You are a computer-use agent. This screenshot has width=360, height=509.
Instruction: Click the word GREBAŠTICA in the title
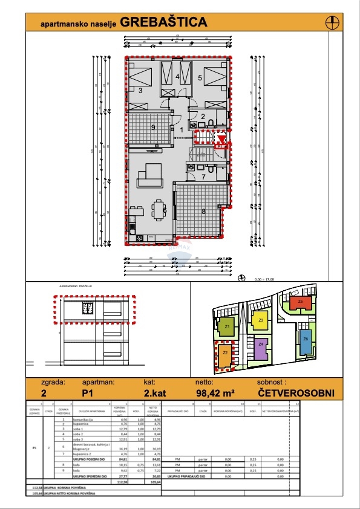[163, 22]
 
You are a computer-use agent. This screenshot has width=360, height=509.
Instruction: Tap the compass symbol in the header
[332, 22]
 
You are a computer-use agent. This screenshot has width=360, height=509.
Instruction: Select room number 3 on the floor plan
[140, 91]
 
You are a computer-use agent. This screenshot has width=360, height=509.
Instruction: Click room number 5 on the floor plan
[200, 78]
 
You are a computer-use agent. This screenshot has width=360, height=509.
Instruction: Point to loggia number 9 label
[154, 127]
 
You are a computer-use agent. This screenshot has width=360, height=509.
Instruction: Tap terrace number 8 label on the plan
[203, 211]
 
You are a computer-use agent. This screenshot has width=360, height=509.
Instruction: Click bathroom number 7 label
[204, 177]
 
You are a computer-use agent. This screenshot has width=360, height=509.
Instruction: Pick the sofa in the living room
[149, 176]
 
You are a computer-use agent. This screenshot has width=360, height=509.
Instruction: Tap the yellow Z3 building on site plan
[260, 321]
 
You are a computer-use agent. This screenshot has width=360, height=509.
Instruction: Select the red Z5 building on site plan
[301, 303]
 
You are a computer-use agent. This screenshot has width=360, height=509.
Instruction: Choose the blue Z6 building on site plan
[306, 340]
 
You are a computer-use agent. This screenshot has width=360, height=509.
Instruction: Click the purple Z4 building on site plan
[260, 349]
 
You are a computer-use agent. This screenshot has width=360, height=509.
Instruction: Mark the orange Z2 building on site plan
[224, 354]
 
